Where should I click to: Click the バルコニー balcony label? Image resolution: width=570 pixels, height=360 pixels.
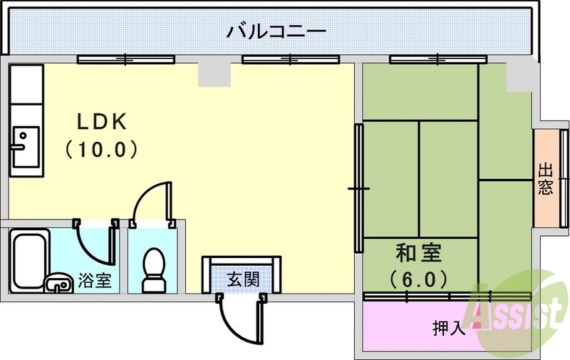coord(276,32)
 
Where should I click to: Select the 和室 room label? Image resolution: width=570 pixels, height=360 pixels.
coord(418,253)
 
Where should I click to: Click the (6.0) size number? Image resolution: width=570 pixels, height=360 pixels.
coord(418,277)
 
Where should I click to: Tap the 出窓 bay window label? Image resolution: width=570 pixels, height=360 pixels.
coord(545,179)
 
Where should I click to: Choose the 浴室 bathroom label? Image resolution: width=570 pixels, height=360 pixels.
coord(94,280)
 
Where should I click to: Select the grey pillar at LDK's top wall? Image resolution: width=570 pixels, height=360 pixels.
coord(212,73)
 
